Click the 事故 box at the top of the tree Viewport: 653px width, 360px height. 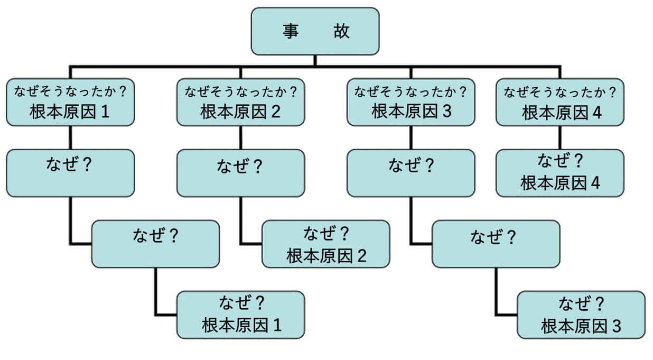click(x=315, y=31)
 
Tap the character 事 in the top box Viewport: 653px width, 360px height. click(x=289, y=31)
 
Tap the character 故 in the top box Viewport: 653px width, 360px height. click(x=341, y=31)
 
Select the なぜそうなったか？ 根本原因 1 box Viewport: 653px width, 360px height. click(x=70, y=102)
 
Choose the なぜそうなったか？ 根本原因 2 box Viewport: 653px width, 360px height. click(x=240, y=102)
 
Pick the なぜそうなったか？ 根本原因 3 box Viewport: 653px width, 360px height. click(x=411, y=102)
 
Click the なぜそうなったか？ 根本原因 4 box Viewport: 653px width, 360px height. click(x=560, y=102)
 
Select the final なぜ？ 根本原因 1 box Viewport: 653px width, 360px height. click(x=240, y=315)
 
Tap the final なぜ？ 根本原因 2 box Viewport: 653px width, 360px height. click(x=326, y=244)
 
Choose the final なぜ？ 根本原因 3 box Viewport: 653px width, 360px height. click(x=581, y=315)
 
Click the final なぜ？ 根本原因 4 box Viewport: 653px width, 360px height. click(x=560, y=173)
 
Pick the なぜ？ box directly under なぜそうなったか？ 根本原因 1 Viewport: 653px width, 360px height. click(x=70, y=173)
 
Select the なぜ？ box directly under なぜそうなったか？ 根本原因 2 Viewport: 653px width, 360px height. click(x=240, y=173)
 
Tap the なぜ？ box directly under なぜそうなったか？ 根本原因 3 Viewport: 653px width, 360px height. click(x=411, y=173)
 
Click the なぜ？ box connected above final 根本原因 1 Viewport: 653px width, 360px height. click(x=155, y=244)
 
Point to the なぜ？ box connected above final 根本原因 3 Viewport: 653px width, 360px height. click(x=496, y=244)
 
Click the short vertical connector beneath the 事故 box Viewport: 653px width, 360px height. click(x=315, y=60)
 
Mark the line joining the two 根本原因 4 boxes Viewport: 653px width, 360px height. click(x=560, y=137)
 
